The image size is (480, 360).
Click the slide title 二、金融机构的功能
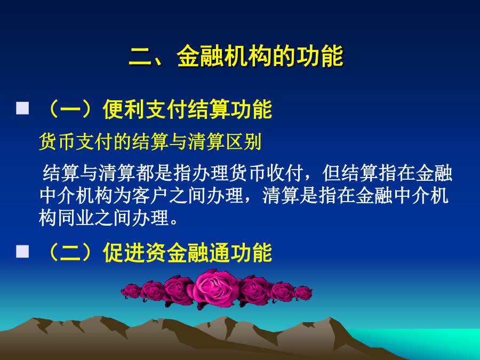pos(236,56)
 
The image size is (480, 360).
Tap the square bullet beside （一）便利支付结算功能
pos(22,108)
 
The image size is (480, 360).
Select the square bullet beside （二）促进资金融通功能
pos(22,251)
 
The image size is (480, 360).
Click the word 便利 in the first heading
pos(124,109)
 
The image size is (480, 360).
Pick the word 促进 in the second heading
pos(124,252)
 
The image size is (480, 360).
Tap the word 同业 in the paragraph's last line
pos(76,218)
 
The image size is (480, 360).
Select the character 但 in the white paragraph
pos(332,173)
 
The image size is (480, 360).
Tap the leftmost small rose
pos(131,291)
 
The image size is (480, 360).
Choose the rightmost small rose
pos(303,293)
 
